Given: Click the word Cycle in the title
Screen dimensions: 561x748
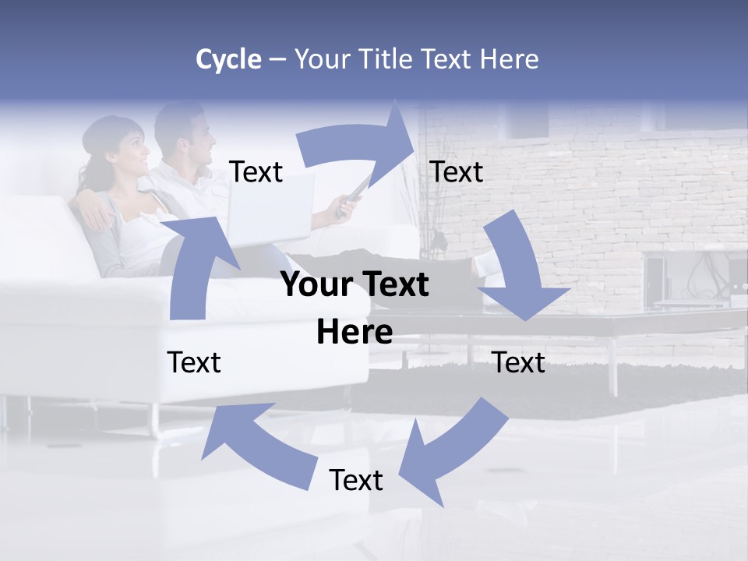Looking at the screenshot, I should coord(228,59).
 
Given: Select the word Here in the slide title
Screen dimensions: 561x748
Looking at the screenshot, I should coord(510,59).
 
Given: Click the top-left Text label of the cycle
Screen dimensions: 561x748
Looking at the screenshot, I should coord(256,172).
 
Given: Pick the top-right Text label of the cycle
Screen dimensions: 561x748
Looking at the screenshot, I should coord(457,172).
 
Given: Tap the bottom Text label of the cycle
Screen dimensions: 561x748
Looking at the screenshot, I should coord(356,480).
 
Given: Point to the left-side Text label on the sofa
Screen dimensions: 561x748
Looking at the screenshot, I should coord(194,362).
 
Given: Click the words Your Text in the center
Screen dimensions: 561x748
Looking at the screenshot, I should coord(355,285).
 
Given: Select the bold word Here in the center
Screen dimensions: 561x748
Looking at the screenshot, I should coord(355,332).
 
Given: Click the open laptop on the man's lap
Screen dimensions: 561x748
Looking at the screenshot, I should coord(273,210).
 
